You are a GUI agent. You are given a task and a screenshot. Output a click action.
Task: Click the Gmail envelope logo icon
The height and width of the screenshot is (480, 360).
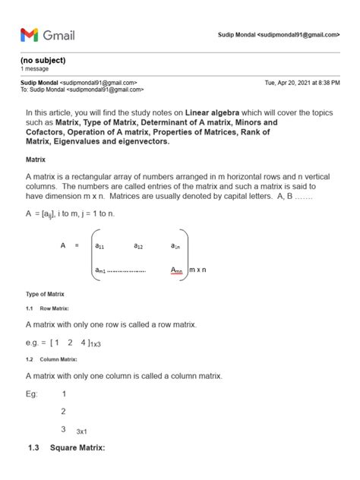(29, 34)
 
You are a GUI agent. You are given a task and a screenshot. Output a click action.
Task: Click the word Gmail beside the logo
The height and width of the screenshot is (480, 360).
(58, 35)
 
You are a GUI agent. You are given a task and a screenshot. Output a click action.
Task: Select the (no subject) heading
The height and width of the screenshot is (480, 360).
(43, 60)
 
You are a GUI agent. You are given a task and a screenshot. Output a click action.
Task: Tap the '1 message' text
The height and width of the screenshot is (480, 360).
(35, 68)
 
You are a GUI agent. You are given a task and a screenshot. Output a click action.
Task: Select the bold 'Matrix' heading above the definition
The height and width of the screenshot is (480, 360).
(36, 160)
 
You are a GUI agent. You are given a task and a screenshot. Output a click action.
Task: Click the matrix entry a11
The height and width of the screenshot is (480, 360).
(100, 246)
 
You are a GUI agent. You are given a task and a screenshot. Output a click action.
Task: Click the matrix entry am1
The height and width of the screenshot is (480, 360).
(101, 270)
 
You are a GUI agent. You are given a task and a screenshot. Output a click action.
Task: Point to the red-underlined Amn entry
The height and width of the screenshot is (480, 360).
(176, 270)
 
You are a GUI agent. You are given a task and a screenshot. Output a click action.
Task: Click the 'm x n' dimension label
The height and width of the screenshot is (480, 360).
(199, 270)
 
